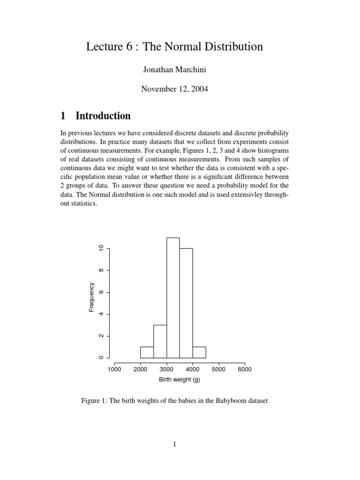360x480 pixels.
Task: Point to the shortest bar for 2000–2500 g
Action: [x=147, y=352]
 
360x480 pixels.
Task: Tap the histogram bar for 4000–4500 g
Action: [x=199, y=352]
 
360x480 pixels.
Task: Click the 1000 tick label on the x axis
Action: [x=114, y=369]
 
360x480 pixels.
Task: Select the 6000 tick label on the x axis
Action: [x=245, y=369]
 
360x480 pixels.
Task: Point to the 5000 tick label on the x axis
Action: [x=218, y=369]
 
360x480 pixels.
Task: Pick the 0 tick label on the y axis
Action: [x=100, y=358]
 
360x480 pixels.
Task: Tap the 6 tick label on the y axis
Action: [x=100, y=292]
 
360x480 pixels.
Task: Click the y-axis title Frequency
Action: [x=92, y=298]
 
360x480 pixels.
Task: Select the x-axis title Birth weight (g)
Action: [x=179, y=379]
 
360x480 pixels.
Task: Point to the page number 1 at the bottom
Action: [x=174, y=445]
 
